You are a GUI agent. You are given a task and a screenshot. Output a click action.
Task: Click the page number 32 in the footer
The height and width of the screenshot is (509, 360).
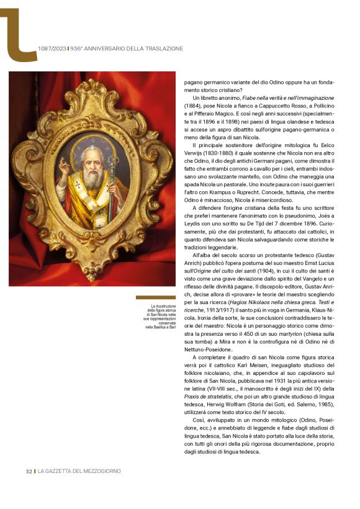point(29,472)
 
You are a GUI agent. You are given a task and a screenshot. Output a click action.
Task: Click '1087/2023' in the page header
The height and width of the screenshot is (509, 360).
point(52,48)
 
